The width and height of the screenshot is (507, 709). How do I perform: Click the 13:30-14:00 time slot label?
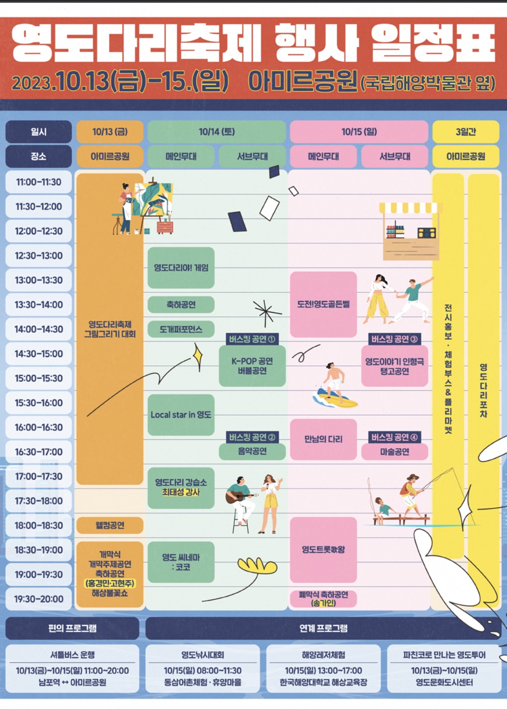point(39,304)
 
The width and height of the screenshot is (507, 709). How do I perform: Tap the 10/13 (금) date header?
point(110,132)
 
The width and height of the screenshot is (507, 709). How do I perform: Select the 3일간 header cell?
point(465,132)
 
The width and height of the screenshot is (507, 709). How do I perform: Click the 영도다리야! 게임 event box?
point(181,268)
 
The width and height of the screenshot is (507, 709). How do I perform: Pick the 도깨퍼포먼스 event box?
point(181,329)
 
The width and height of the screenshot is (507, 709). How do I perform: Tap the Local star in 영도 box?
point(181,415)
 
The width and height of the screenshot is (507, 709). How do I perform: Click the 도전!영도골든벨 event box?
point(323,304)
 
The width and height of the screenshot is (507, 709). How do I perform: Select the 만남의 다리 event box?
point(323,439)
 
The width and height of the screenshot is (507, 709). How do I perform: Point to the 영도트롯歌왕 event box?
point(323,549)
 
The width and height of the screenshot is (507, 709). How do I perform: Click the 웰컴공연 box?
point(110,525)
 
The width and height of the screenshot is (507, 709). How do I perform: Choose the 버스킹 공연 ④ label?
point(395,437)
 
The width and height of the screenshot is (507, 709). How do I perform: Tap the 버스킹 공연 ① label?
point(252,339)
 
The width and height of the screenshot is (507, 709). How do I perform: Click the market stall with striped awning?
point(408,231)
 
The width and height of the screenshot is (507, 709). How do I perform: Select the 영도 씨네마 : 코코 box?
point(181,562)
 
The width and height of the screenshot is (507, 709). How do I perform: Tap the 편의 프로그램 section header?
point(72,628)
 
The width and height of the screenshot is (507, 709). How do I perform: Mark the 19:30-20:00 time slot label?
point(39,599)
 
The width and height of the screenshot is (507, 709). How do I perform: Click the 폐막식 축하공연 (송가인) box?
point(323,599)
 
